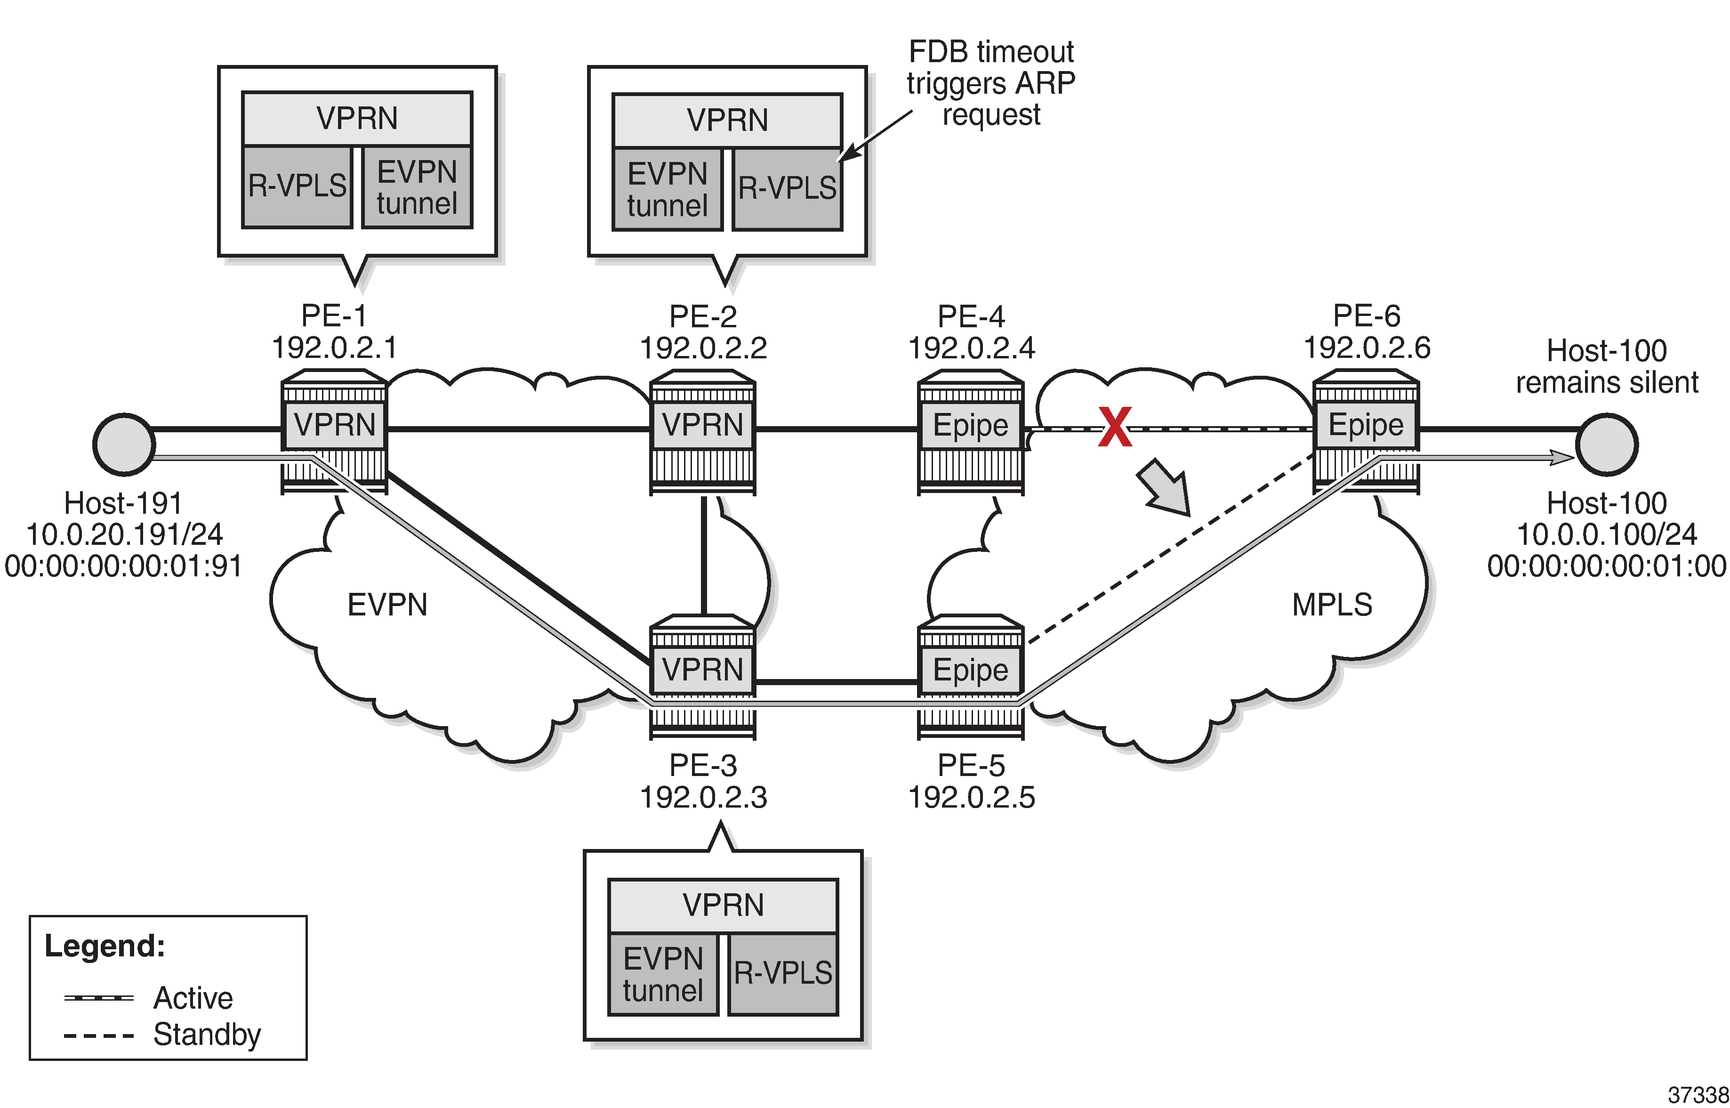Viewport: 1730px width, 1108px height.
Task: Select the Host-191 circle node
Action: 124,445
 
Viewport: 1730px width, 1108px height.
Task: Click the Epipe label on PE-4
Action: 970,425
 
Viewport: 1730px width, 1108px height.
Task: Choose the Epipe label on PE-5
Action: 970,670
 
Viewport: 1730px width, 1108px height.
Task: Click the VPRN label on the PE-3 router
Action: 702,670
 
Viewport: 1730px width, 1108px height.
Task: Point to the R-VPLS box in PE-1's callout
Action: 297,186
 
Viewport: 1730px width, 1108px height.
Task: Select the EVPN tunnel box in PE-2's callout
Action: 667,189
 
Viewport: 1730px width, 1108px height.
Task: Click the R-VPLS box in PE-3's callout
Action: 783,973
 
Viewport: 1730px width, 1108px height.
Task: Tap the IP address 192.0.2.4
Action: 972,348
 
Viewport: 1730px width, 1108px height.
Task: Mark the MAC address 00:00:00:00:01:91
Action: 124,566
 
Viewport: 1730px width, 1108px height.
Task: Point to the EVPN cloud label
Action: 387,605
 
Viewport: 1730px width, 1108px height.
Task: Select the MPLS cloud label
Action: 1332,605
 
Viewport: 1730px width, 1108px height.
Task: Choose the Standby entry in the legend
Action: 207,1035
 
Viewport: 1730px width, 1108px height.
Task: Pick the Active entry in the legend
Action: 193,998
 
